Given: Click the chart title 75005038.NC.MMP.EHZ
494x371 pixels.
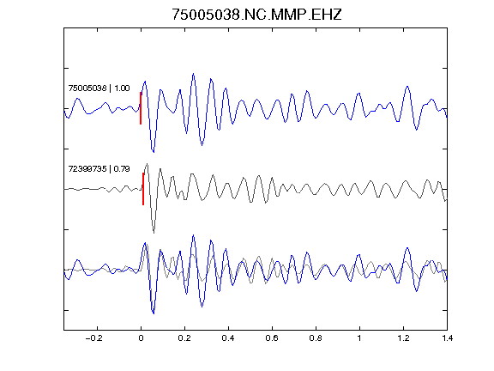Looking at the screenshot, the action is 256,15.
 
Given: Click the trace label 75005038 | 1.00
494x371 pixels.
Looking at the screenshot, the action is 99,88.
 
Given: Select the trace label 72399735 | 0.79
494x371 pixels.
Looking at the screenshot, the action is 99,169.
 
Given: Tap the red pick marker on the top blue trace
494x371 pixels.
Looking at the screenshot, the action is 141,108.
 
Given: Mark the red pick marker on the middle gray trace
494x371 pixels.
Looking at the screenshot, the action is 143,189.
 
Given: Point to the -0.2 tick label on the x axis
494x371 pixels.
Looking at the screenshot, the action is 94,338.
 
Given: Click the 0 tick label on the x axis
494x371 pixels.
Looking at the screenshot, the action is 141,338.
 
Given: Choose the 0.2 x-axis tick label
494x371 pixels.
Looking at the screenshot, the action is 184,338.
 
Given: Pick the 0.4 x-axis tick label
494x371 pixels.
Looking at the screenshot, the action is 228,338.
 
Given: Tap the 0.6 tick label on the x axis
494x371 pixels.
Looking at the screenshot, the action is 272,338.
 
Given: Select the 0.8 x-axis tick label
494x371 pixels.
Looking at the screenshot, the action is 316,338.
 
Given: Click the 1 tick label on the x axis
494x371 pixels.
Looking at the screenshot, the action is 359,338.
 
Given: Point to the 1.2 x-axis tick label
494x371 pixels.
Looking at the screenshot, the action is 403,338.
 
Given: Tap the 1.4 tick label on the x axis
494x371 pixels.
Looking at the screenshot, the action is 447,338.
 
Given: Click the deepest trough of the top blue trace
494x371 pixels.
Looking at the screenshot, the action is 154,152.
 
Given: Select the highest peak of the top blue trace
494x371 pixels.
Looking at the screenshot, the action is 193,74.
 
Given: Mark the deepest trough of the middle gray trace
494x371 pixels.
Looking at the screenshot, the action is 154,233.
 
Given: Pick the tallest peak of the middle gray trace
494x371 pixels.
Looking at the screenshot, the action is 148,164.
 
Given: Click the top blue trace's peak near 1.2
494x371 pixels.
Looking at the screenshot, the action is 407,86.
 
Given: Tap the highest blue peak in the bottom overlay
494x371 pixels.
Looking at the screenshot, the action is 193,235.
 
